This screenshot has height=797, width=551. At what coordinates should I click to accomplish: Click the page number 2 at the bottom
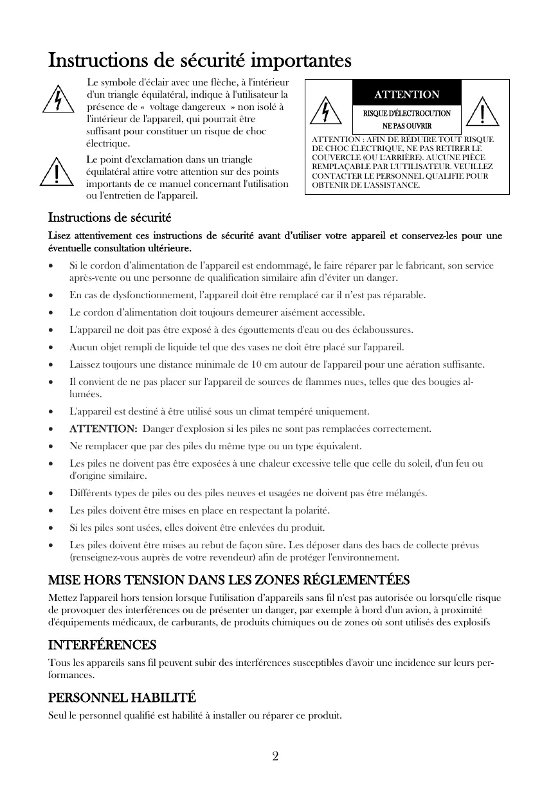click(x=275, y=756)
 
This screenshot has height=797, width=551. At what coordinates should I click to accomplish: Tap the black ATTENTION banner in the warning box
click(x=407, y=94)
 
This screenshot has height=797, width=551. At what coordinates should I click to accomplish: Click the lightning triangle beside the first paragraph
click(x=58, y=100)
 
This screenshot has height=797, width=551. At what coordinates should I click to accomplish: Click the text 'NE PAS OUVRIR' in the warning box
click(x=407, y=126)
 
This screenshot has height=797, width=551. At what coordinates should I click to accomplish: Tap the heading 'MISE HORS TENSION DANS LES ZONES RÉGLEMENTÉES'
click(x=229, y=580)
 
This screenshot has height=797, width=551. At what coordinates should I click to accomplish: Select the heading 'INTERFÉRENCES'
click(x=102, y=645)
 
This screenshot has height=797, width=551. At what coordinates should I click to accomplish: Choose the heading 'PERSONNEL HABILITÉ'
click(x=122, y=697)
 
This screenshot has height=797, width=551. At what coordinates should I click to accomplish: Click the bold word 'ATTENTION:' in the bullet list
click(x=103, y=429)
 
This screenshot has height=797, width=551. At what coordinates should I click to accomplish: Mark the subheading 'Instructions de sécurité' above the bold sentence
click(x=109, y=218)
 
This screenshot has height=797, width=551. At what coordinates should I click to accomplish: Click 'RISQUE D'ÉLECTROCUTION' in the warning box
click(x=407, y=113)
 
